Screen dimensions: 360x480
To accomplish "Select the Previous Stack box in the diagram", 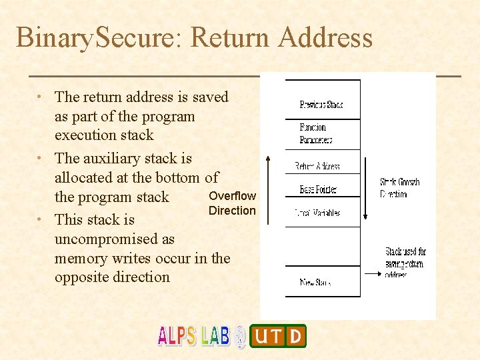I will pos(322,104).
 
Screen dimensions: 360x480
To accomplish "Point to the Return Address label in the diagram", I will pos(317,166).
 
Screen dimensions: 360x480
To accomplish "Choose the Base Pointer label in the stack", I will pos(318,189).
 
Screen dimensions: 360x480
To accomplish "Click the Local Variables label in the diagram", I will pos(318,213).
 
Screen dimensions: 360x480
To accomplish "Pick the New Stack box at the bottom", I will pos(316,282).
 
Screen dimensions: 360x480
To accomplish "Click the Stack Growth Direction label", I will pos(399,187).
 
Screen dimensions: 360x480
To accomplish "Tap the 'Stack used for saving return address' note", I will pos(405,263).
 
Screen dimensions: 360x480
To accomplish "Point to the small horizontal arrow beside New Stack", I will pos(373,272).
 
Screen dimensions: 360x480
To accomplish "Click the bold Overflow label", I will pos(232,195).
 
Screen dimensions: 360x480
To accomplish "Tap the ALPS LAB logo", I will pos(193,336).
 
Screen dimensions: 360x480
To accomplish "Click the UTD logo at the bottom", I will pos(277,336).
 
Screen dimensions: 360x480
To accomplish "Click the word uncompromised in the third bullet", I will pos(114,239).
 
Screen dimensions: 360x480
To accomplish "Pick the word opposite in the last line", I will pos(83,277).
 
